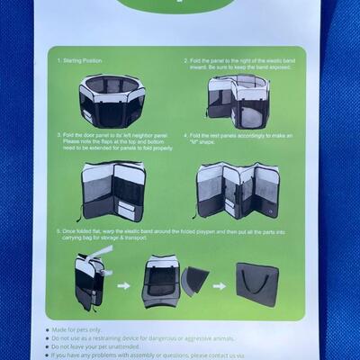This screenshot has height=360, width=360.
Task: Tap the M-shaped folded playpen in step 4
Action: point(238,190)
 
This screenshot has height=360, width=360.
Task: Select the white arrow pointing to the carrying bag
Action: point(220,286)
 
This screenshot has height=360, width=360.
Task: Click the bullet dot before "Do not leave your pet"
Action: point(48,346)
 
